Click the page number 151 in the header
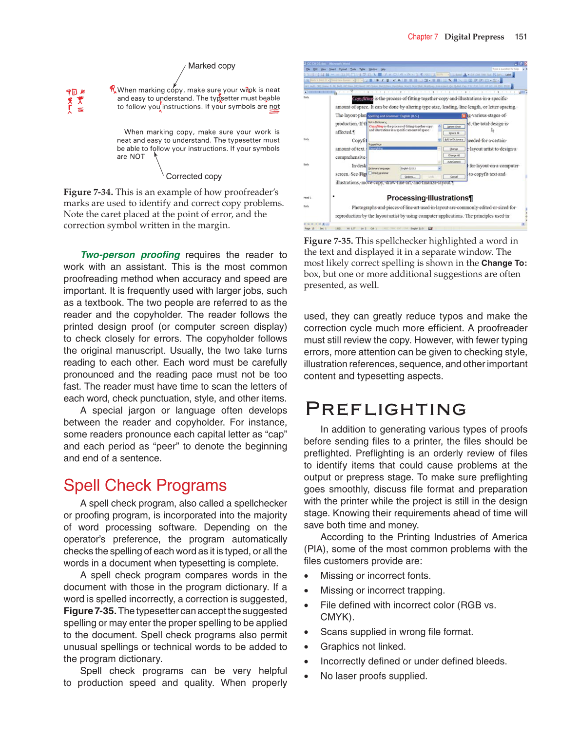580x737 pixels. click(x=521, y=37)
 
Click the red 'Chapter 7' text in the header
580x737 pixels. click(x=423, y=37)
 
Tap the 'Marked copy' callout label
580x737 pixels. click(x=212, y=66)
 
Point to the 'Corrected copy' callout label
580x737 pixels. click(x=193, y=176)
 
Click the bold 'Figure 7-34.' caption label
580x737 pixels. click(x=88, y=192)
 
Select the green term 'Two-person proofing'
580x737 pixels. click(x=130, y=255)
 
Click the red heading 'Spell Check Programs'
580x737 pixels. click(x=145, y=485)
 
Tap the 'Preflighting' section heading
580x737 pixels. click(x=386, y=409)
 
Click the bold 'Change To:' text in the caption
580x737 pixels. click(x=504, y=263)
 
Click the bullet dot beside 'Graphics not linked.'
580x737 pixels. click(x=306, y=647)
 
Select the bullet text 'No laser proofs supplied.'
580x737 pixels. click(x=373, y=676)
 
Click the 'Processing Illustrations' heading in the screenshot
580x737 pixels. click(x=429, y=198)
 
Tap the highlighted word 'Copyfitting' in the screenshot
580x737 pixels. click(x=362, y=99)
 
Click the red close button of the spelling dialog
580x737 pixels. click(x=464, y=116)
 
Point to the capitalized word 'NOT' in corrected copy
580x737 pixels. click(x=137, y=157)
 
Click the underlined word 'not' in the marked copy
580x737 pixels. click(x=274, y=107)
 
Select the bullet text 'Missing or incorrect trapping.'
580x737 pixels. click(x=382, y=590)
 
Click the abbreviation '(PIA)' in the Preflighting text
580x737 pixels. click(x=315, y=549)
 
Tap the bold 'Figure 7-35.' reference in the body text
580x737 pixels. click(x=90, y=611)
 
